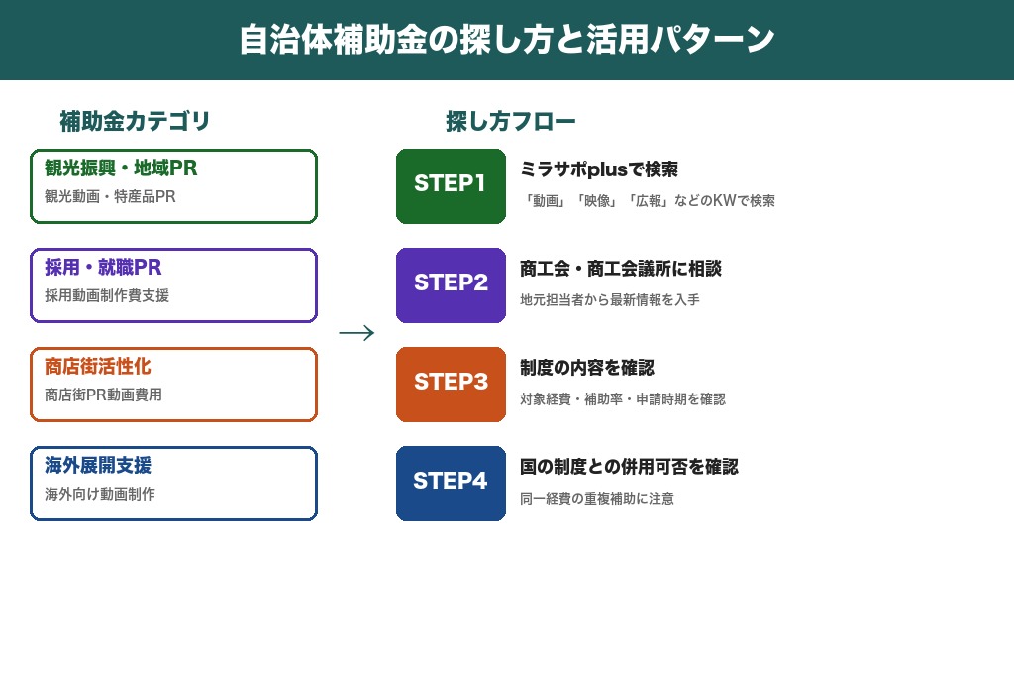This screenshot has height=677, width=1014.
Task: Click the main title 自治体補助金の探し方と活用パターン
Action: tap(507, 40)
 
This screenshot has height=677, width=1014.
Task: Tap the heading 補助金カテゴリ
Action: tap(135, 122)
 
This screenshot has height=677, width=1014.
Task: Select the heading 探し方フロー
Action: tap(510, 122)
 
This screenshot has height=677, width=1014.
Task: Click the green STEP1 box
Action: tap(451, 185)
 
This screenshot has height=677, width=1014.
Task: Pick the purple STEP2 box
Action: tap(451, 284)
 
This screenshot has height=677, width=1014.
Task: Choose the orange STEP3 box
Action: tap(451, 384)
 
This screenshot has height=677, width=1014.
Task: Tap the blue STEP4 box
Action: tap(451, 483)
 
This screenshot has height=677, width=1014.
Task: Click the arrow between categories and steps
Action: tap(356, 333)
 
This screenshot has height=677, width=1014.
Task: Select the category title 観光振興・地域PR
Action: tap(121, 169)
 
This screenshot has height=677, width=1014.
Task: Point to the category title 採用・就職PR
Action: tap(103, 268)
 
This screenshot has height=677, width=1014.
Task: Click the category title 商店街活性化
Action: tap(98, 367)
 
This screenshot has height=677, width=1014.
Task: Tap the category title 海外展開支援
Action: tap(98, 466)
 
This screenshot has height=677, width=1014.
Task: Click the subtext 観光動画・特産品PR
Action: tap(110, 197)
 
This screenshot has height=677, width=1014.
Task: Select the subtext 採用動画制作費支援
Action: tap(107, 296)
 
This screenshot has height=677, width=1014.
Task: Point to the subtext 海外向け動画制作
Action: tap(100, 494)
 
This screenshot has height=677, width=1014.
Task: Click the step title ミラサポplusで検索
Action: tap(599, 169)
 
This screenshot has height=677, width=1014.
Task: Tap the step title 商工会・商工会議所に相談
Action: tap(621, 269)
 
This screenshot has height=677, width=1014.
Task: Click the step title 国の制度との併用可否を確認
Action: tap(629, 467)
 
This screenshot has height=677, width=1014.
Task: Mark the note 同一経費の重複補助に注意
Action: tap(597, 499)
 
